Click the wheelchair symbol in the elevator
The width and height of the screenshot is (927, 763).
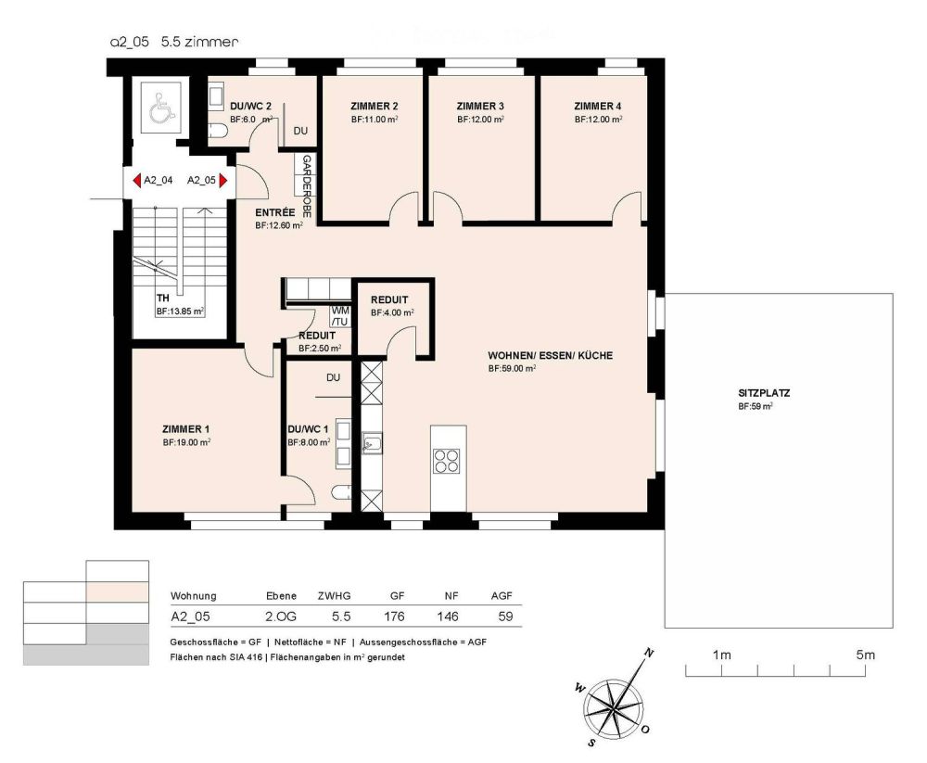(x=161, y=109)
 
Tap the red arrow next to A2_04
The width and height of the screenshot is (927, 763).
(x=135, y=181)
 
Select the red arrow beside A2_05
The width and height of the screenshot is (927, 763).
(x=222, y=181)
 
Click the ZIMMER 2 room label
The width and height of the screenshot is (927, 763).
(x=375, y=106)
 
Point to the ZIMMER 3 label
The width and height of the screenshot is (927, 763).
(x=480, y=106)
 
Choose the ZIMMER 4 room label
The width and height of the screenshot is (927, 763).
(x=597, y=106)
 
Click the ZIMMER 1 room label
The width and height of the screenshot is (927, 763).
(x=185, y=428)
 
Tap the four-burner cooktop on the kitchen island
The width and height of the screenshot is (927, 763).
(x=448, y=460)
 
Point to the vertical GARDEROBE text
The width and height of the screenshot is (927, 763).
(x=307, y=186)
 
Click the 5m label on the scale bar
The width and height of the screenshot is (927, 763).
(x=866, y=655)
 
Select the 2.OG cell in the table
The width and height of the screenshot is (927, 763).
(x=281, y=616)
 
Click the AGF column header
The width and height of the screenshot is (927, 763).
(x=501, y=596)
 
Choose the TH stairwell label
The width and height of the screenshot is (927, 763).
(x=163, y=299)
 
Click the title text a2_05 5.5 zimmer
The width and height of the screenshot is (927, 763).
(x=174, y=42)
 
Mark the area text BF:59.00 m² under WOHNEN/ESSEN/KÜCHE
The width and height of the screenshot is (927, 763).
(x=513, y=368)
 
